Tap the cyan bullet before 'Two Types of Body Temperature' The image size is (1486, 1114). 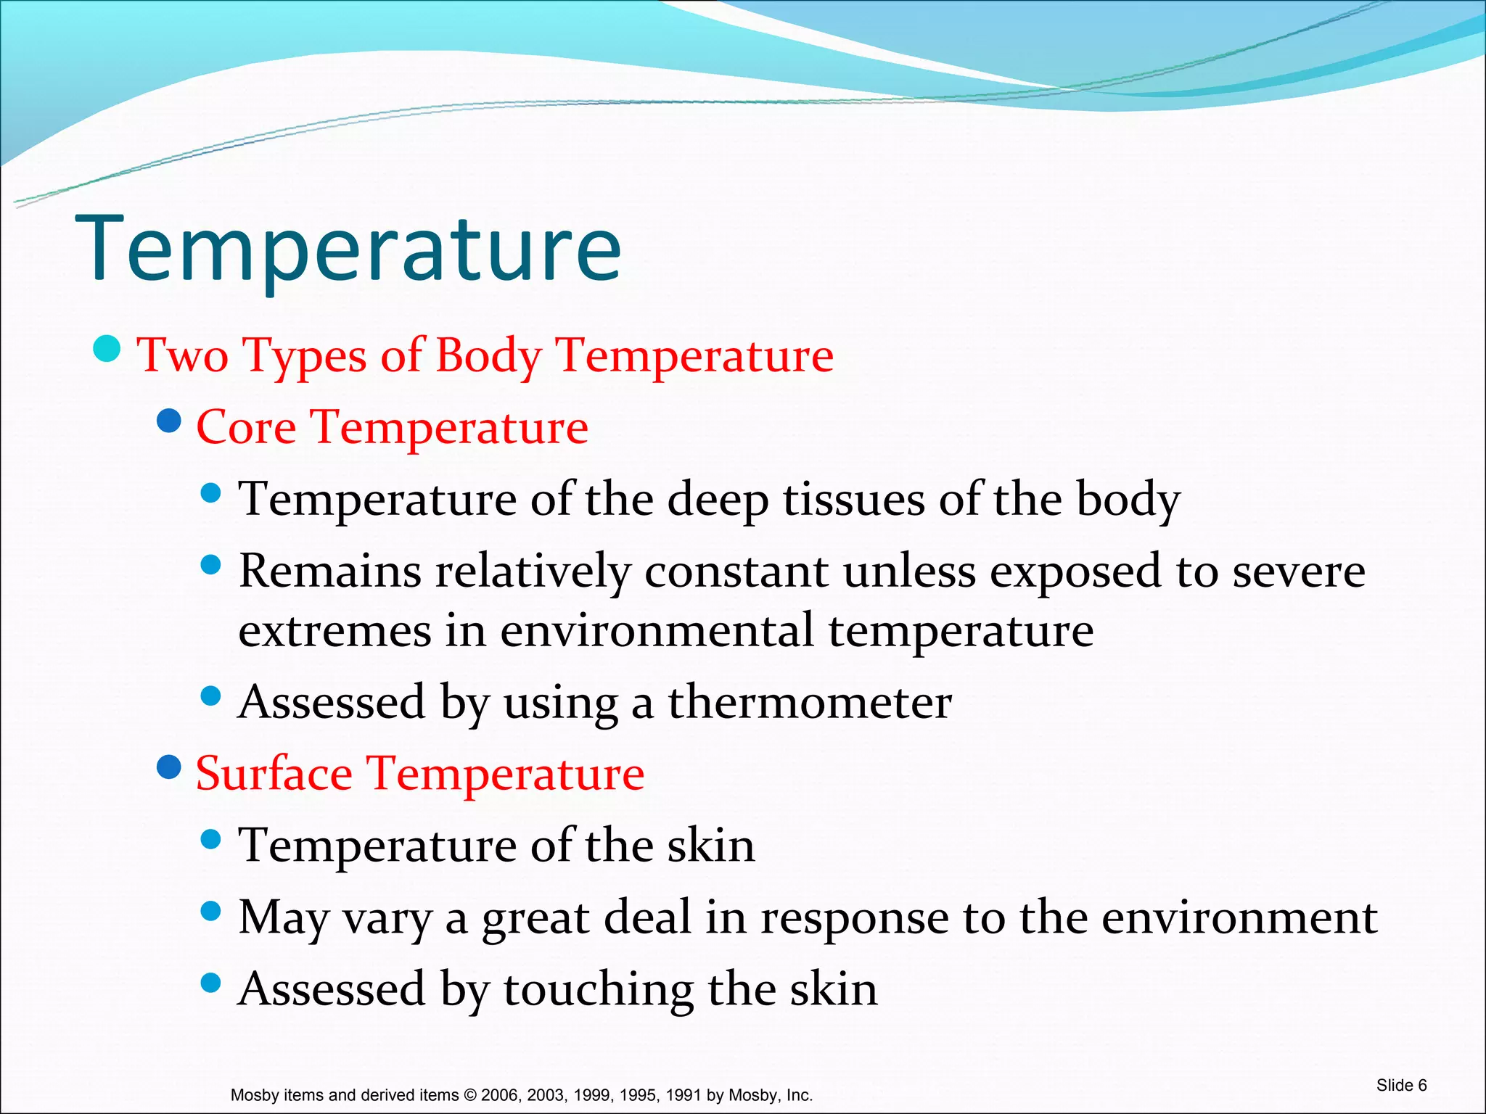pos(107,348)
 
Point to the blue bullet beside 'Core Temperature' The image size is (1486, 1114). pos(169,420)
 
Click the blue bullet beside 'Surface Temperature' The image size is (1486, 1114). pos(169,767)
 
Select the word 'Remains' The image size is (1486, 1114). pos(330,571)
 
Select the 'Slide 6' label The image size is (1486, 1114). pos(1401,1085)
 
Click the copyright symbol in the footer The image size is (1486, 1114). pos(470,1095)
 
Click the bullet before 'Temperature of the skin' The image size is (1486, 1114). pos(210,840)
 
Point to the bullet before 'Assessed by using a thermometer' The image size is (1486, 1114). pos(210,696)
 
